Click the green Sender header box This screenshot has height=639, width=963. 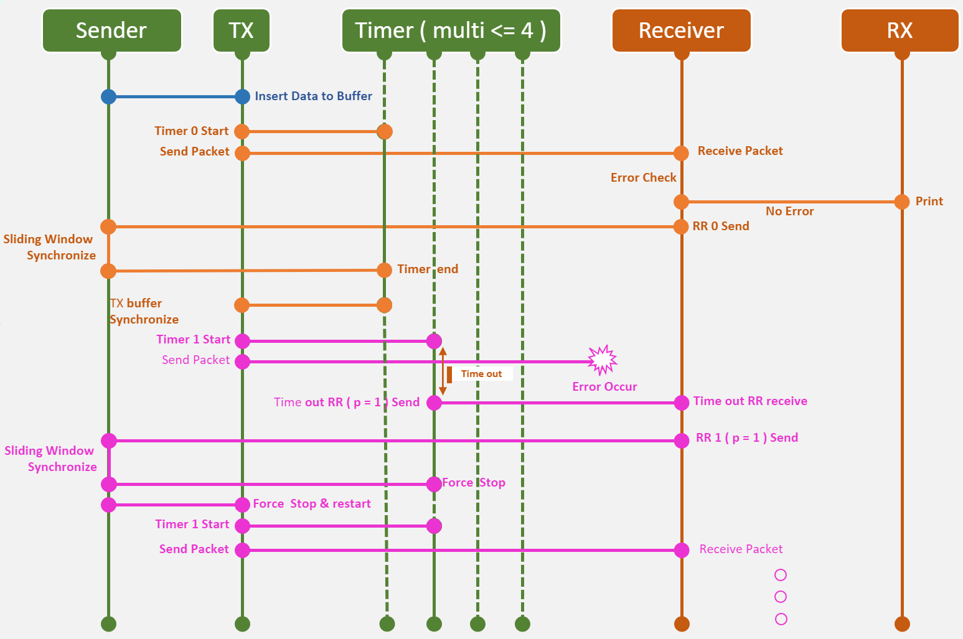pyautogui.click(x=111, y=30)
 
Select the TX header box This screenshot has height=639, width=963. pyautogui.click(x=242, y=30)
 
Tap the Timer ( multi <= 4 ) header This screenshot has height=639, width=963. pyautogui.click(x=451, y=30)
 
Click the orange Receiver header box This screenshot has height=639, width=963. pyautogui.click(x=681, y=30)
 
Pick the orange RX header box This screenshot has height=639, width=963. pyautogui.click(x=900, y=30)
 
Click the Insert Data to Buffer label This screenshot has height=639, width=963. pyautogui.click(x=313, y=96)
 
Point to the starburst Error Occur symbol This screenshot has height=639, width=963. pyautogui.click(x=602, y=360)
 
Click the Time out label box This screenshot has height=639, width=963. pyautogui.click(x=481, y=374)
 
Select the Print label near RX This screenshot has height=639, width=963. pyautogui.click(x=929, y=202)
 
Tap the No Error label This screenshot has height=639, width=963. pyautogui.click(x=789, y=212)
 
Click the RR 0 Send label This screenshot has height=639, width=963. pyautogui.click(x=721, y=226)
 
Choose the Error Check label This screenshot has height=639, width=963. pyautogui.click(x=643, y=178)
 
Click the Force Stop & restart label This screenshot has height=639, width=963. pyautogui.click(x=311, y=504)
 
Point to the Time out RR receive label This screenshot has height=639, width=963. pyautogui.click(x=750, y=401)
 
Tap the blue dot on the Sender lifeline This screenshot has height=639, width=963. pyautogui.click(x=108, y=96)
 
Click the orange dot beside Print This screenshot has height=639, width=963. pyautogui.click(x=901, y=202)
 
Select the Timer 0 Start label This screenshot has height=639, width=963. pyautogui.click(x=191, y=131)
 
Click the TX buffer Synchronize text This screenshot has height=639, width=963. pyautogui.click(x=144, y=311)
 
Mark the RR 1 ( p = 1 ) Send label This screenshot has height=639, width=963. pyautogui.click(x=746, y=438)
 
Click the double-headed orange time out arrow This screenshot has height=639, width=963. pyautogui.click(x=443, y=371)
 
